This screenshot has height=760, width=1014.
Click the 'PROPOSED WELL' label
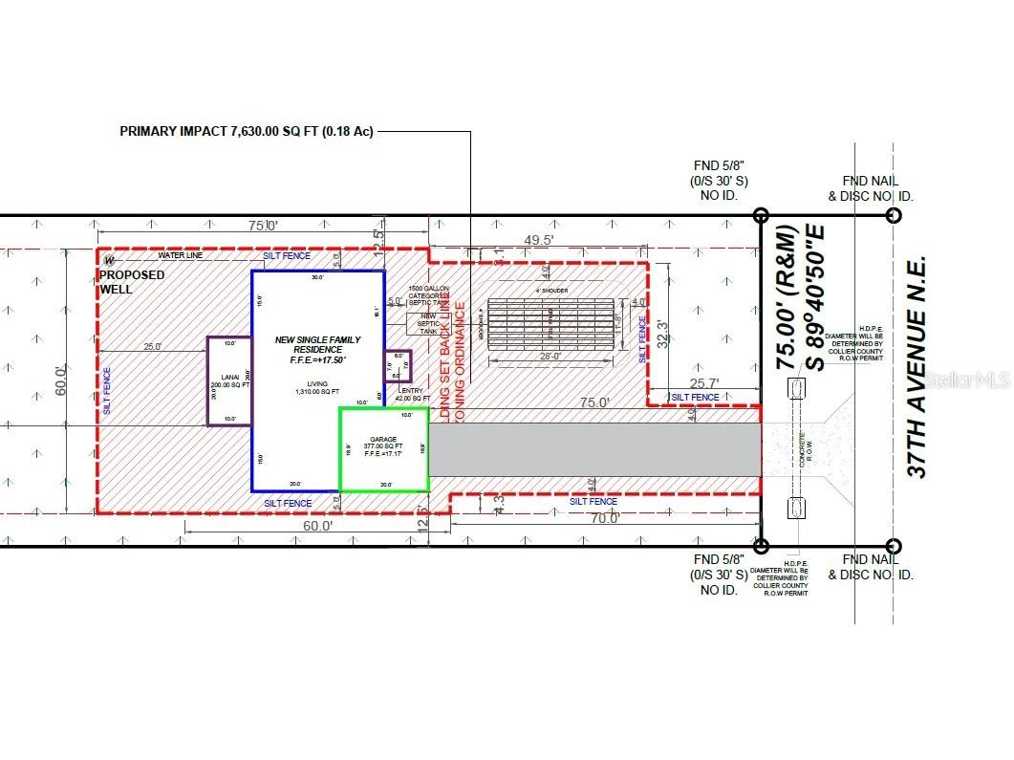tap(132, 281)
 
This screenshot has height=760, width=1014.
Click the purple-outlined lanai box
tap(228, 380)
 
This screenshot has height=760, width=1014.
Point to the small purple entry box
tap(398, 365)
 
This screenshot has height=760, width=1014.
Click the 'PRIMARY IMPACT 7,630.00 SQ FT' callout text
tap(246, 131)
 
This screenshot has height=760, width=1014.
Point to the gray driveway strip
tap(593, 449)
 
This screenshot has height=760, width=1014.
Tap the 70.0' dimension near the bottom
tap(605, 519)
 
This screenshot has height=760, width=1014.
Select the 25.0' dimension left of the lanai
tap(153, 346)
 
